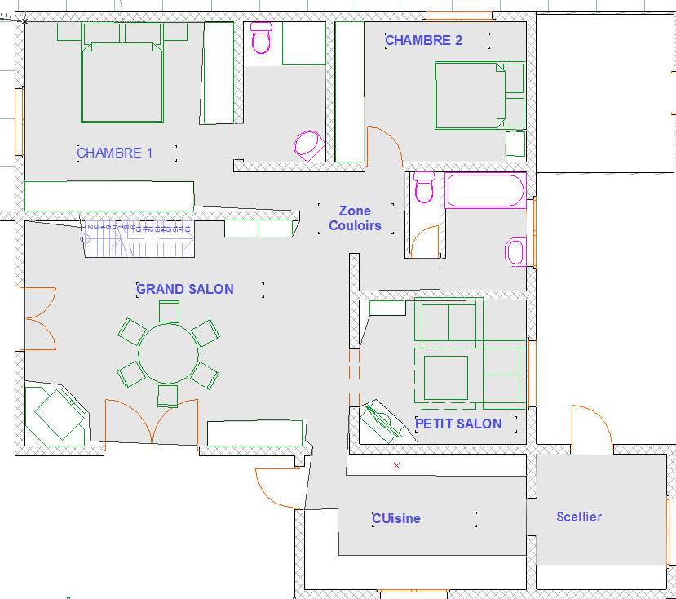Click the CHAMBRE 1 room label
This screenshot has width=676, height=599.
(x=114, y=153)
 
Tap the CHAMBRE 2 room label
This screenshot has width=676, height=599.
(x=423, y=40)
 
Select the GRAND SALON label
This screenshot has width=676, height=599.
(x=185, y=289)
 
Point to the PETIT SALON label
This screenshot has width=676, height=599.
(x=458, y=424)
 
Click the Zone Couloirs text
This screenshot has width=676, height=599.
(x=355, y=218)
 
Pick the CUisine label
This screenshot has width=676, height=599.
(x=396, y=518)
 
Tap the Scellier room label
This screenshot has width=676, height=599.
(x=579, y=517)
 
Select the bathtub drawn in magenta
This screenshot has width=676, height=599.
(x=485, y=190)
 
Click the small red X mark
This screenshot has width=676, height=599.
(x=396, y=465)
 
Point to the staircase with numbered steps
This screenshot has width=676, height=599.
(x=138, y=239)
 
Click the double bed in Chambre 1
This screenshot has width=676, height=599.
(x=122, y=82)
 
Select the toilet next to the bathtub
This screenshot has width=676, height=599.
(x=424, y=188)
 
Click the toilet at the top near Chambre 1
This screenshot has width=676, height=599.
(x=261, y=38)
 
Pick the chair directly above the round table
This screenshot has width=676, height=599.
(x=169, y=312)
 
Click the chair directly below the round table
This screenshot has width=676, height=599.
(x=168, y=396)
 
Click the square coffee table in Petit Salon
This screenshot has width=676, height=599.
(x=446, y=378)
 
